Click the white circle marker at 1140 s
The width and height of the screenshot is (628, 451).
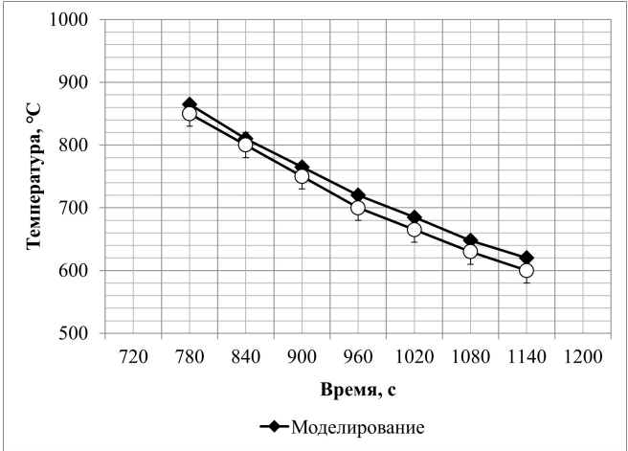(526, 270)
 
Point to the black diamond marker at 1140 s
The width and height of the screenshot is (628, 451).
(526, 259)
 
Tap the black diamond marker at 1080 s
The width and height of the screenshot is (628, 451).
(470, 240)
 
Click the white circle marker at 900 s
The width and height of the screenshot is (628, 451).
(302, 176)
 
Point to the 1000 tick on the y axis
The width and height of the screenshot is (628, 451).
(69, 20)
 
